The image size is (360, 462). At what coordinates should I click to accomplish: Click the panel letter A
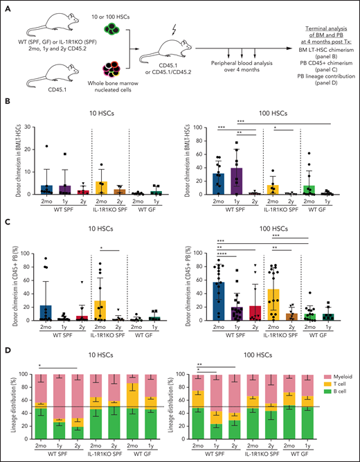click(x=6, y=6)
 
